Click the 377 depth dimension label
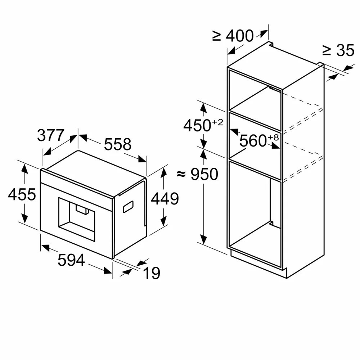click(x=50, y=135)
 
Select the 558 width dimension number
click(x=118, y=144)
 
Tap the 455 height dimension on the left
click(x=22, y=194)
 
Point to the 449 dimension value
click(x=165, y=198)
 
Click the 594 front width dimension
click(x=71, y=260)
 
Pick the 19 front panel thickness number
click(x=152, y=274)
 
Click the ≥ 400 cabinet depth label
click(x=233, y=36)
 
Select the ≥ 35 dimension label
click(x=338, y=51)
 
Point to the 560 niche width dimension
click(x=253, y=141)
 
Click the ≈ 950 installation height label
click(x=198, y=175)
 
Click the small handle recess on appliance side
click(x=129, y=206)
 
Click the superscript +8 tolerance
click(x=273, y=137)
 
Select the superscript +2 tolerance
click(x=217, y=122)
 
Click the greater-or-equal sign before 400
click(x=217, y=36)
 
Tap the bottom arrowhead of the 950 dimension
click(x=204, y=240)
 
